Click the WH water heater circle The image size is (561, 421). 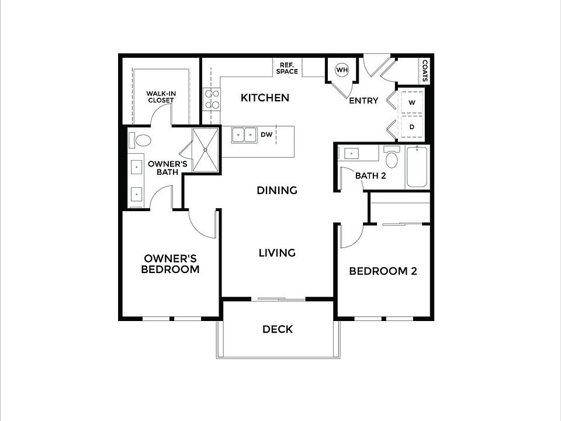coord(341,70)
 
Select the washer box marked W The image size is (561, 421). coord(411,102)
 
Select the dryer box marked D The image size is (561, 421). coord(411,126)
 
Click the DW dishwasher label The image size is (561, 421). coord(266,134)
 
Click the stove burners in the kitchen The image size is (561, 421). coord(212,99)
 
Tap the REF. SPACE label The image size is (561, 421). coord(289,68)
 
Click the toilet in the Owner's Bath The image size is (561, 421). coord(141,141)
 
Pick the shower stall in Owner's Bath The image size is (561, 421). coord(206,149)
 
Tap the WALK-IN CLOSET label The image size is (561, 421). coord(160,96)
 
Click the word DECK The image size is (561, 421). coord(278,329)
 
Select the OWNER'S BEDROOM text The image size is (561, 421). coord(171,264)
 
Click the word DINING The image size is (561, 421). coord(277,190)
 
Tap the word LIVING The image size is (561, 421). coord(277,253)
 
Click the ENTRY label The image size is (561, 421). coord(363,101)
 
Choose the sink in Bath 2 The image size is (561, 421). coord(351,154)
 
